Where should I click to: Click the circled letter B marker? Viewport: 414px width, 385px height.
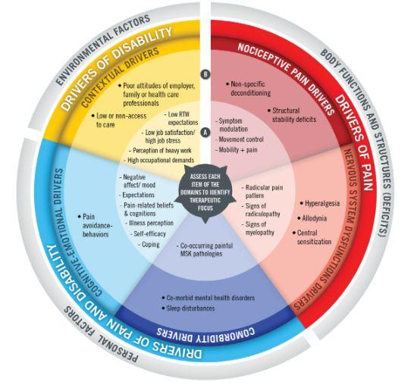click(205, 74)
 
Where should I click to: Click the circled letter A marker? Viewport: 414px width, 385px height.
click(205, 132)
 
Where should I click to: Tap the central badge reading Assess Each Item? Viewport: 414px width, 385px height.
click(205, 192)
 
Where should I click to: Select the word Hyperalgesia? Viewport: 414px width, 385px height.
click(322, 203)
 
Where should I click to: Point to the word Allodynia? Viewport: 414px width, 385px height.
click(314, 218)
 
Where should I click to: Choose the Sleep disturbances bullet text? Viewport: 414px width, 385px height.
click(190, 308)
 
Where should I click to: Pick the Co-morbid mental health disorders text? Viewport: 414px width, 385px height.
click(211, 298)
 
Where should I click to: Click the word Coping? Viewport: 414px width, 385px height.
click(150, 244)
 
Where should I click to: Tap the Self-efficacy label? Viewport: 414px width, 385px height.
click(149, 233)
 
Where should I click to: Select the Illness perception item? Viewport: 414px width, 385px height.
click(151, 223)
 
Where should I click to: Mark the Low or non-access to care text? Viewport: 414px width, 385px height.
click(121, 120)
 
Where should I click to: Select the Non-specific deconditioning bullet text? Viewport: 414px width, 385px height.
click(250, 89)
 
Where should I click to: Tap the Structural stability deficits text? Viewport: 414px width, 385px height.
click(294, 115)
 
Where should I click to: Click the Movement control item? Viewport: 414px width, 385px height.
click(241, 139)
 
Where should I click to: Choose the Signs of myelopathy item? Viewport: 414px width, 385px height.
click(259, 229)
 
